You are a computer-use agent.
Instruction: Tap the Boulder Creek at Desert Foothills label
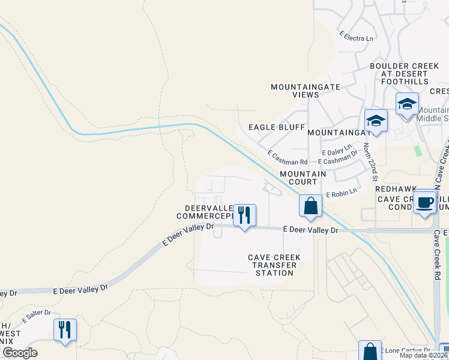[x=400, y=73]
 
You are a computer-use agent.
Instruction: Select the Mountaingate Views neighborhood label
[x=306, y=91]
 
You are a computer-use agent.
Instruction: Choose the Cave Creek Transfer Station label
[x=274, y=265]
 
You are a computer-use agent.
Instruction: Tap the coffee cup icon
[x=425, y=202]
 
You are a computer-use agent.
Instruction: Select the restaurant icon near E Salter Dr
[x=65, y=329]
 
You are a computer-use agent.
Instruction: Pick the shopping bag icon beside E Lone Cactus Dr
[x=370, y=351]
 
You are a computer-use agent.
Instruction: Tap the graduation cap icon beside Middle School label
[x=407, y=103]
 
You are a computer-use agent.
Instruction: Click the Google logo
[x=20, y=353]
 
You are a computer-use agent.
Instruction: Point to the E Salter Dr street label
[x=37, y=314]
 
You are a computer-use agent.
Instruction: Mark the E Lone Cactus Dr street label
[x=408, y=350]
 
